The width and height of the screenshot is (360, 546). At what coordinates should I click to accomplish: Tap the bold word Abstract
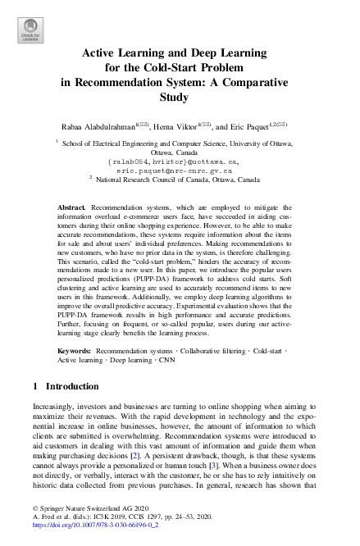(x=72, y=209)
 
